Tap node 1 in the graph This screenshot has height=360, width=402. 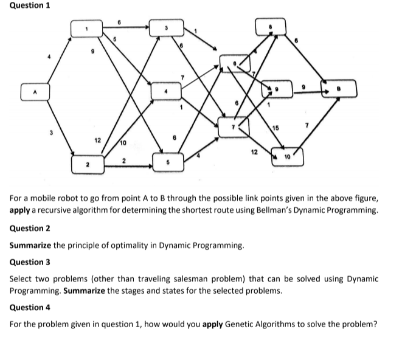tap(86, 29)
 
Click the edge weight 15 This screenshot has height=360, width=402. tap(276, 127)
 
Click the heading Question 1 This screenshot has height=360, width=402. tap(26, 5)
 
